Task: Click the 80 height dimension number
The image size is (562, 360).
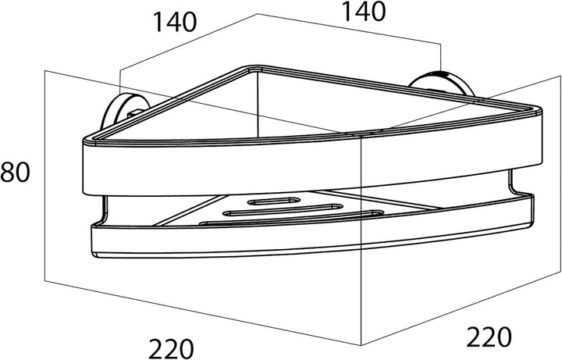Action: pyautogui.click(x=15, y=172)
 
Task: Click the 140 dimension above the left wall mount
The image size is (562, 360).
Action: pyautogui.click(x=175, y=22)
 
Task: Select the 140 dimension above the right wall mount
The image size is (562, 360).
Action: pyautogui.click(x=364, y=12)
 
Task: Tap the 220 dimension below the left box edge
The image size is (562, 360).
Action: pyautogui.click(x=171, y=348)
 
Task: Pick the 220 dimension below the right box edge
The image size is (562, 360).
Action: pyautogui.click(x=489, y=337)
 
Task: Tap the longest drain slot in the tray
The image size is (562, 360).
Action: pyautogui.click(x=291, y=219)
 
